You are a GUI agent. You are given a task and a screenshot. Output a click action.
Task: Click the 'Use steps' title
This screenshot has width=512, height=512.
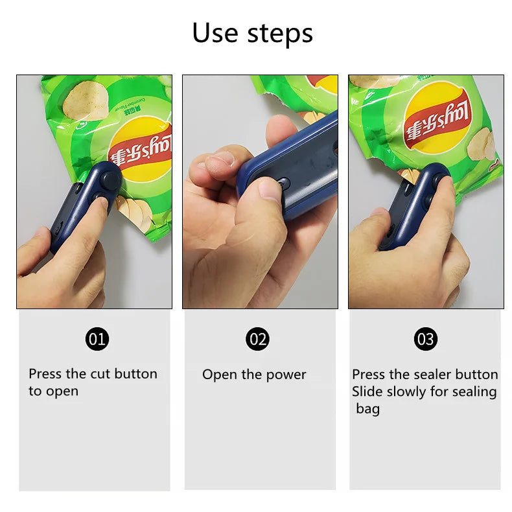click(252, 33)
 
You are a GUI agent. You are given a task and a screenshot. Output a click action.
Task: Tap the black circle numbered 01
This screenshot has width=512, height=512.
click(97, 338)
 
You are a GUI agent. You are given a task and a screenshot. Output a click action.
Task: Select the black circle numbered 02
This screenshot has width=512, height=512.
click(258, 338)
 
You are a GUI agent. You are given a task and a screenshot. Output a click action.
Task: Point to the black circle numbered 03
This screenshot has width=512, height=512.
click(426, 338)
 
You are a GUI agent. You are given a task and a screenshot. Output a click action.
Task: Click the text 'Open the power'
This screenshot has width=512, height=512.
click(254, 375)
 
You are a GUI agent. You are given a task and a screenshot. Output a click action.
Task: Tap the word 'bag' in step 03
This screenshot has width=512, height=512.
click(367, 409)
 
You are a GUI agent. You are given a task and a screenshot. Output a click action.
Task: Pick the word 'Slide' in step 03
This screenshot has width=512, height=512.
click(367, 391)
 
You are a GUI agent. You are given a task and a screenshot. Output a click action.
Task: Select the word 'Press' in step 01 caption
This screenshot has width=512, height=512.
click(45, 374)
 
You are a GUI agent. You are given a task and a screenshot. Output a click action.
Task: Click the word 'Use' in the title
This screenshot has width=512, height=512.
click(213, 33)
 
